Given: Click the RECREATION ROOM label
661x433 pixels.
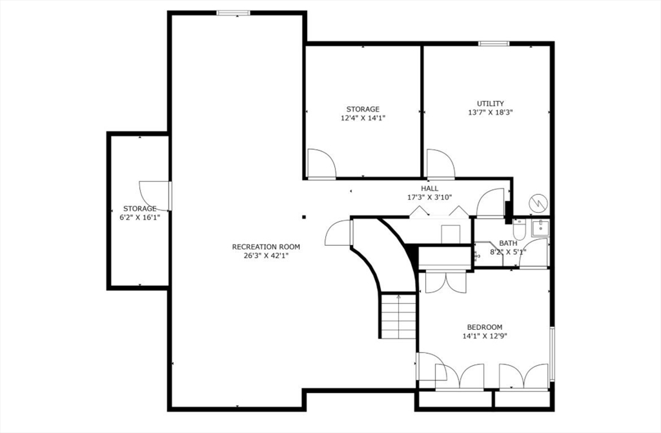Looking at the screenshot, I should pos(266,247).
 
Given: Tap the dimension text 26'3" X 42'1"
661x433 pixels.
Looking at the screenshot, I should pos(266,256).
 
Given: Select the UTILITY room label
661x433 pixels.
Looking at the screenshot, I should pos(491,103).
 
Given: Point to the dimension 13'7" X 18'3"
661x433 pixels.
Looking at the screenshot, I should pos(491,112).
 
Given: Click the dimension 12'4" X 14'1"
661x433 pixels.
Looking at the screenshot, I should pos(363,118).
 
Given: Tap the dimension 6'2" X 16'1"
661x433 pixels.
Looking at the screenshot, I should pos(139,217).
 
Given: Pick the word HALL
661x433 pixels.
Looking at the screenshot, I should pos(429,188).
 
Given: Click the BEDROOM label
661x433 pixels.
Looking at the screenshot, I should pos(484,327).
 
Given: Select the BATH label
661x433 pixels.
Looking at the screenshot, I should pos(507,243).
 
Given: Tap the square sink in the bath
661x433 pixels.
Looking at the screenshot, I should pos(540,227).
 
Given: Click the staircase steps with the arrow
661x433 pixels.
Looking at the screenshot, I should pos(398,316).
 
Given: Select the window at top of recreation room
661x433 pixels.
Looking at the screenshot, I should pos(232,12).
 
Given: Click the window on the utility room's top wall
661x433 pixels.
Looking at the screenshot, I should pos(494,44).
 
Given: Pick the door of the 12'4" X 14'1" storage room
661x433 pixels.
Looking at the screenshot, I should pos(321,164).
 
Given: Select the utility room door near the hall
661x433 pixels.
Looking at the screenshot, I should pos(440,164).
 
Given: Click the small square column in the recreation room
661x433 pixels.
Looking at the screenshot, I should pos(303,217).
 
